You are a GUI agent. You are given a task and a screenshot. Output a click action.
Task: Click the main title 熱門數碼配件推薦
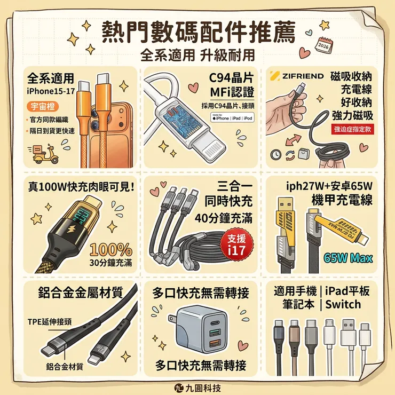197,33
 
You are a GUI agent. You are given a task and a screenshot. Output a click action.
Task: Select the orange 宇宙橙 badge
42,106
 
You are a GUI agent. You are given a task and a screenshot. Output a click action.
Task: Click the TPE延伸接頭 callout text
49,323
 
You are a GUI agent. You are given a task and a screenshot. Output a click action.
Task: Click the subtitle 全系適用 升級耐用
197,54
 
